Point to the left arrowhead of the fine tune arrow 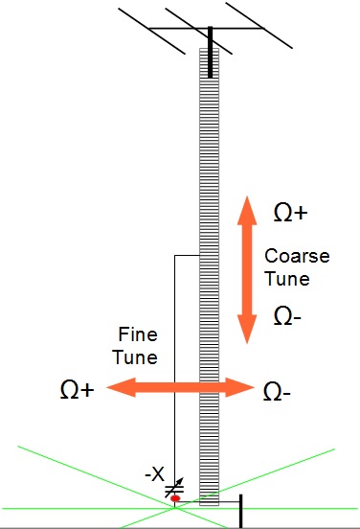point(117,388)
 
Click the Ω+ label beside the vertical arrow point(290,213)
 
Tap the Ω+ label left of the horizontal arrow point(77,390)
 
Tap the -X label point(154,473)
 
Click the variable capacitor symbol point(173,489)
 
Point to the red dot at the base point(175,498)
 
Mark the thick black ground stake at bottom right point(239,510)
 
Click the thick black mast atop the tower point(210,53)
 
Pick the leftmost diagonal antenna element point(144,29)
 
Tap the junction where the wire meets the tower point(198,256)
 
